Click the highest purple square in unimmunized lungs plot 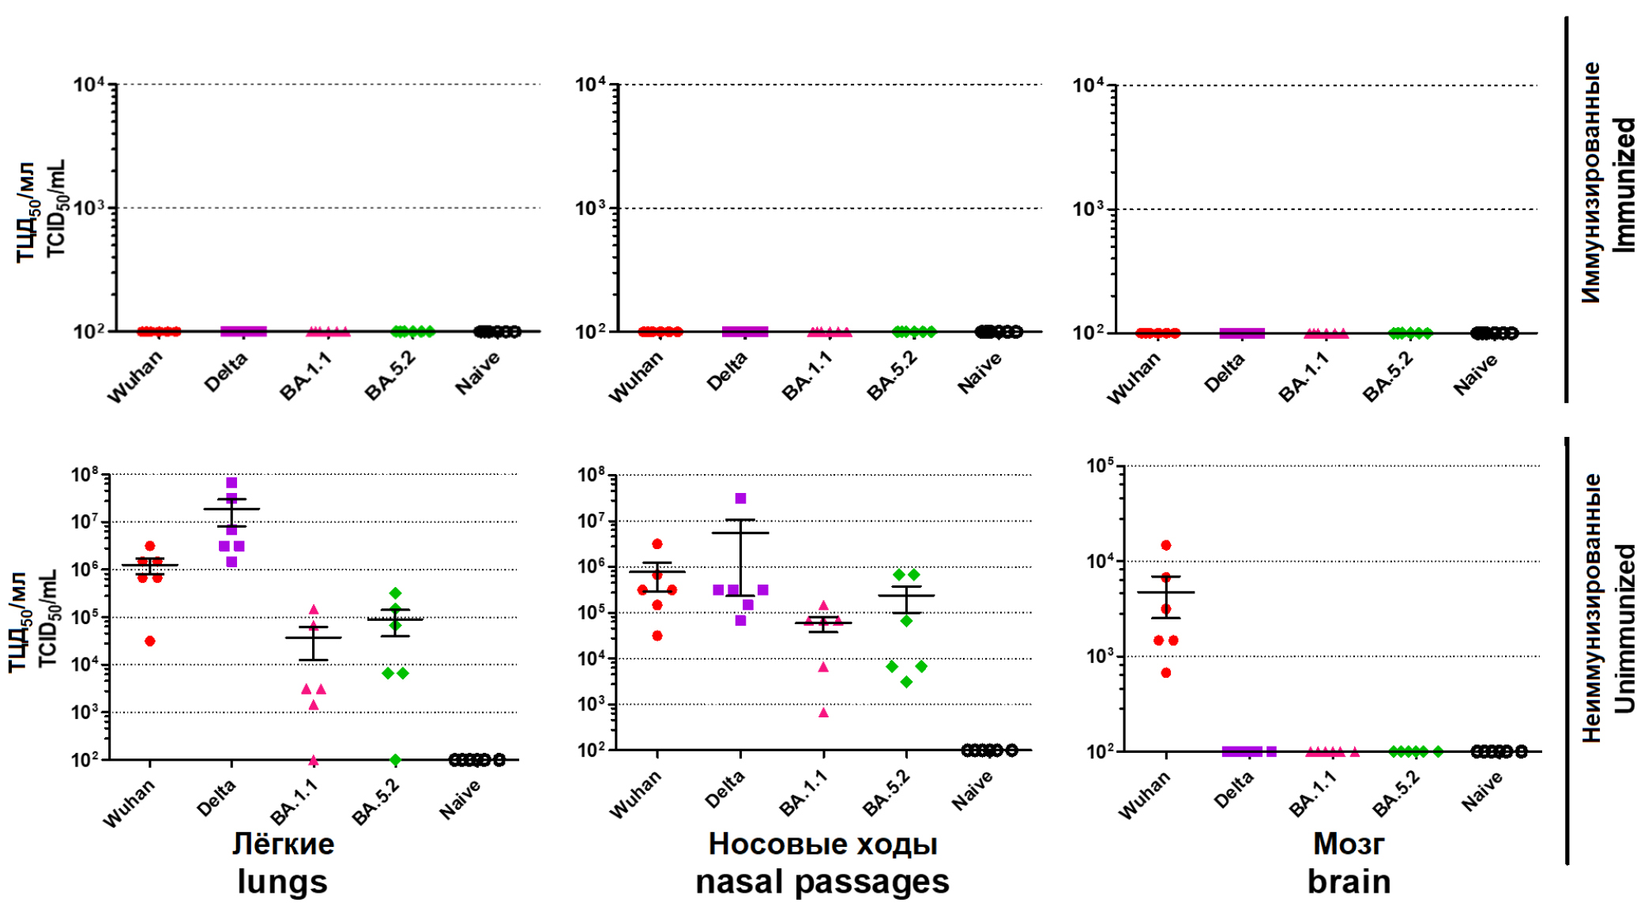coord(231,483)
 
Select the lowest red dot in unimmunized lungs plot coord(150,641)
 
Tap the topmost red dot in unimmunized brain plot coord(1165,545)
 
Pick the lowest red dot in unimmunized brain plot coord(1165,672)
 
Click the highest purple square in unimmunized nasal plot coord(740,499)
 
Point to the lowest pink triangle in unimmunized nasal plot coord(823,713)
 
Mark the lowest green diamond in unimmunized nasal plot coord(906,682)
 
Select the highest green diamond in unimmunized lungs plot coord(395,593)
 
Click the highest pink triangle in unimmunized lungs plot coord(314,610)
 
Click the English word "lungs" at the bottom coord(282,882)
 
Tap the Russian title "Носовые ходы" coord(822,844)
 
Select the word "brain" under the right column coord(1349,882)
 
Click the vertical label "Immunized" coord(1624,185)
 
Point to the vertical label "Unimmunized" coord(1624,628)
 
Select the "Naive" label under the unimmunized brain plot coord(1481,792)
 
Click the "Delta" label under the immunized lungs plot coord(226,372)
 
